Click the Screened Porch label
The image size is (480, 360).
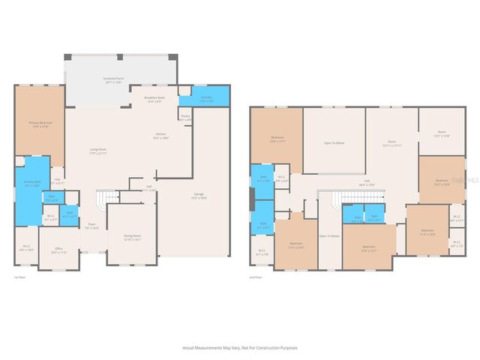[114, 79]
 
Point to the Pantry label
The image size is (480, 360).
[185, 118]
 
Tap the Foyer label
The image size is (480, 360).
[91, 225]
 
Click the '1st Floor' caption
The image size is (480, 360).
[20, 277]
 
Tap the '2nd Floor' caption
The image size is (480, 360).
[256, 277]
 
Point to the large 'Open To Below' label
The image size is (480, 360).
[334, 142]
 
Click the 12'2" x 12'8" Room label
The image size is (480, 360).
[442, 134]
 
